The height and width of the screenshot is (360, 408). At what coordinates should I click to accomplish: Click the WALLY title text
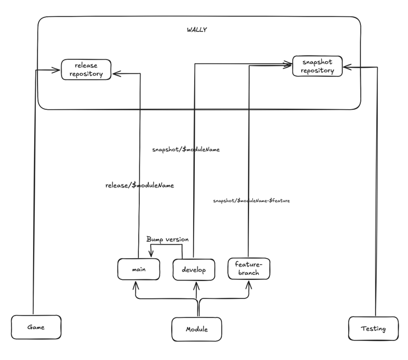click(x=196, y=30)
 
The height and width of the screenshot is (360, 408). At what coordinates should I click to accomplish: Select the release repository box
click(x=86, y=70)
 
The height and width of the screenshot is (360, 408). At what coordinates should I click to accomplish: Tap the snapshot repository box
click(x=317, y=66)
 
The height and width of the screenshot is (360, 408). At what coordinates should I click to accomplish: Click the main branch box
click(x=139, y=269)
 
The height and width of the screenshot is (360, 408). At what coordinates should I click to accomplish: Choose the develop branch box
click(x=194, y=270)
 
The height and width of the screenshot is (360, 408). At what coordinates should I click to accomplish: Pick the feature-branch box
click(x=248, y=268)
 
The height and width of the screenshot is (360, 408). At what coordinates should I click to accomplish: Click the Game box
click(x=36, y=326)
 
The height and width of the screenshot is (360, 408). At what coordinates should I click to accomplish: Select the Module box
click(x=196, y=329)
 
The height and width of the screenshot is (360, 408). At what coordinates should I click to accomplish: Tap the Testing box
click(x=373, y=329)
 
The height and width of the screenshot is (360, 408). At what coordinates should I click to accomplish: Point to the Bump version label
click(x=167, y=239)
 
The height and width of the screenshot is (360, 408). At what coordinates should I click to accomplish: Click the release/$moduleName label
click(x=139, y=185)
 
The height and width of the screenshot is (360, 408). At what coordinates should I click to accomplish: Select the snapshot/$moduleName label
click(x=185, y=149)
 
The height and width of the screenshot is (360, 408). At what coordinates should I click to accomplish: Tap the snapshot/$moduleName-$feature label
click(x=251, y=200)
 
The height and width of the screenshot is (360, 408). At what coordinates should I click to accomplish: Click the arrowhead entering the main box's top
click(x=151, y=255)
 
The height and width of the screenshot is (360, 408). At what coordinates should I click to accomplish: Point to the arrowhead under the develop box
click(x=195, y=284)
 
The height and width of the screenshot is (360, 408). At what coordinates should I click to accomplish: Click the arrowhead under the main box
click(x=135, y=284)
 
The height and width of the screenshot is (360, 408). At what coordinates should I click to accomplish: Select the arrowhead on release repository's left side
click(x=57, y=70)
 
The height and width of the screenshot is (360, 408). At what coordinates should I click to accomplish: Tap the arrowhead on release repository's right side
click(x=115, y=73)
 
